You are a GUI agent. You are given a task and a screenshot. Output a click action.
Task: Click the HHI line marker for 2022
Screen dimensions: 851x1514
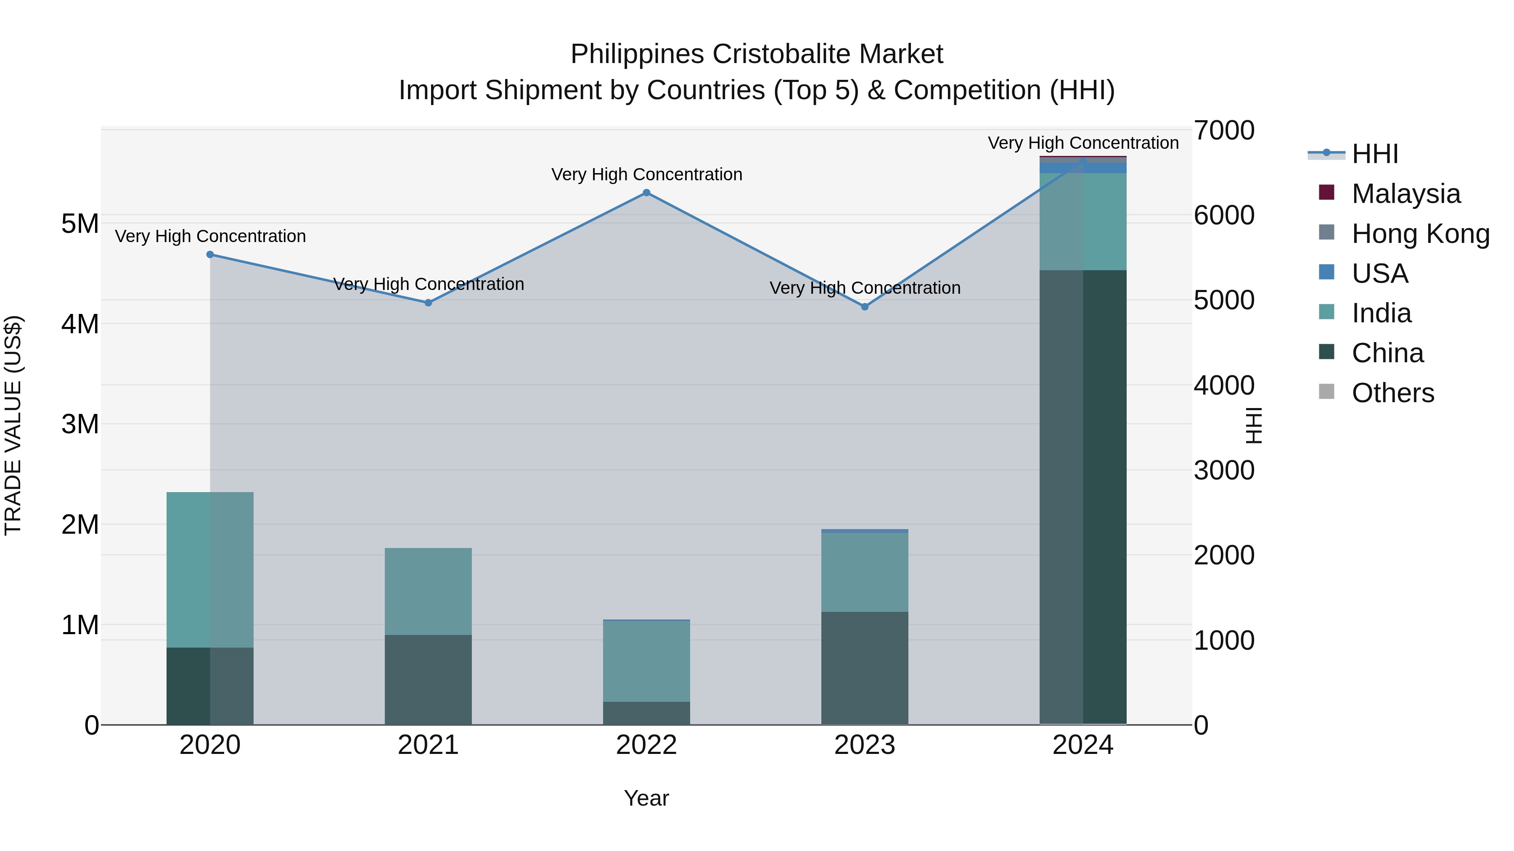pyautogui.click(x=646, y=192)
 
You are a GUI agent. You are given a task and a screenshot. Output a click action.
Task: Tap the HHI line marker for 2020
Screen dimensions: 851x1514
pyautogui.click(x=210, y=254)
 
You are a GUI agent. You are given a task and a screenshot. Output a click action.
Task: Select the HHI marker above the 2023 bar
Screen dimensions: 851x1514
pyautogui.click(x=865, y=307)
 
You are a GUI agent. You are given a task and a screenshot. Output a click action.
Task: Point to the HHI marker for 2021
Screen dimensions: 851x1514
pyautogui.click(x=429, y=303)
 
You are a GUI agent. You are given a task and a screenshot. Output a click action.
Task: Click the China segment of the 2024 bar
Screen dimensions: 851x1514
pyautogui.click(x=1083, y=499)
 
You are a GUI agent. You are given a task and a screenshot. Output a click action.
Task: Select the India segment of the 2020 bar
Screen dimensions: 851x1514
pyautogui.click(x=210, y=570)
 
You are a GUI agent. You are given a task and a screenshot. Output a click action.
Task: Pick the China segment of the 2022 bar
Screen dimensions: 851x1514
pyautogui.click(x=646, y=713)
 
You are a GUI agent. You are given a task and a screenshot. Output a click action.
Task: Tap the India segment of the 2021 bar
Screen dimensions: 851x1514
pyautogui.click(x=429, y=591)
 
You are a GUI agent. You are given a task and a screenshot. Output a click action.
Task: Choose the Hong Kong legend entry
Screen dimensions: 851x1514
pyautogui.click(x=1420, y=234)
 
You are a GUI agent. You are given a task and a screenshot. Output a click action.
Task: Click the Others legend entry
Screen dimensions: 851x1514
pyautogui.click(x=1392, y=393)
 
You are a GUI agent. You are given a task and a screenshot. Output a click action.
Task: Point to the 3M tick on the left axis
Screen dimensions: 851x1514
pyautogui.click(x=80, y=424)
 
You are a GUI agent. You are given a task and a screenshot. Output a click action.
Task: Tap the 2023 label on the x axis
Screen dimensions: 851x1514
pyautogui.click(x=865, y=745)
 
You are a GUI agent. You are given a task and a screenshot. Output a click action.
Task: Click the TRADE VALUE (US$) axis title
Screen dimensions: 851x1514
pyautogui.click(x=13, y=425)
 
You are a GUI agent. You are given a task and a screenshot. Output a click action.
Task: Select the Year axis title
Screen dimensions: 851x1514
pyautogui.click(x=646, y=798)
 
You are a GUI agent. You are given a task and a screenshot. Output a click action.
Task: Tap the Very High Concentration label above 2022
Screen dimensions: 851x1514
pyautogui.click(x=646, y=174)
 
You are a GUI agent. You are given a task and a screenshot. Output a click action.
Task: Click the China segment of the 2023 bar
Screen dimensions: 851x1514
pyautogui.click(x=865, y=668)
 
